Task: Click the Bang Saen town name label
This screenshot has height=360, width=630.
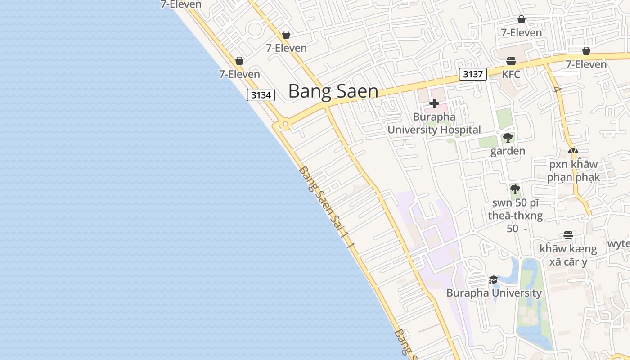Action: click(333, 91)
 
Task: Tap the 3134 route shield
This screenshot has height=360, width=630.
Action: click(261, 95)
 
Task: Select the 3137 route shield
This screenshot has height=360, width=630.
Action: click(473, 74)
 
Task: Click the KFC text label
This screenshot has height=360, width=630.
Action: click(511, 74)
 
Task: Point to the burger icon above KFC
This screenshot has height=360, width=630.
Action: click(511, 61)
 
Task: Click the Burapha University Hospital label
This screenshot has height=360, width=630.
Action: click(434, 123)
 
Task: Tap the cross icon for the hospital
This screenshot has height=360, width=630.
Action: click(434, 104)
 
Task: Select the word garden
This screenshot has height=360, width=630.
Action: click(508, 151)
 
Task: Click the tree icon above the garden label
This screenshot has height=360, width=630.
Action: click(508, 138)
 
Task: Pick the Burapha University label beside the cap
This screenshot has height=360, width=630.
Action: click(494, 293)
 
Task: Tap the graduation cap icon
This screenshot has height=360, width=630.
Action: click(493, 279)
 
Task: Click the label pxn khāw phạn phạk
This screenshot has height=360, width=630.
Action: click(573, 171)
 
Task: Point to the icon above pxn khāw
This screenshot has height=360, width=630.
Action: click(573, 151)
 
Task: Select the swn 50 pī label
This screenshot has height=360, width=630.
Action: click(515, 215)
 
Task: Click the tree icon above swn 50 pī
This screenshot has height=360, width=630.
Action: click(515, 189)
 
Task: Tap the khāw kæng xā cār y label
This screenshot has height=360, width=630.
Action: click(568, 255)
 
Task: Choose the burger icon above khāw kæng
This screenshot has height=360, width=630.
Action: click(568, 235)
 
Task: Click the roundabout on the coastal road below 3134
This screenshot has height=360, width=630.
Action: click(285, 124)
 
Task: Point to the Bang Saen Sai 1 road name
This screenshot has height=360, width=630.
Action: click(327, 207)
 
